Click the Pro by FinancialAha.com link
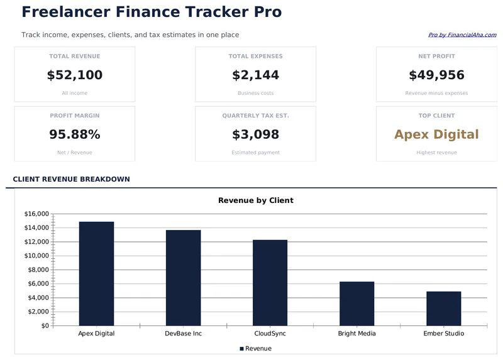[462, 35]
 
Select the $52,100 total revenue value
[74, 75]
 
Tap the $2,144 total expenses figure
[255, 75]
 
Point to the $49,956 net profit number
[436, 75]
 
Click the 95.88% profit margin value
[74, 134]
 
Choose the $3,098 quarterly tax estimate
[255, 134]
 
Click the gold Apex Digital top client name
[436, 134]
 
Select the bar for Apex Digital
[96, 273]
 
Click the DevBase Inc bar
[183, 278]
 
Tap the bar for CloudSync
[270, 283]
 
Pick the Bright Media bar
[357, 303]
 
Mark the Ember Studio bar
[443, 308]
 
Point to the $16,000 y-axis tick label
[36, 214]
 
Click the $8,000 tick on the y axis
[37, 270]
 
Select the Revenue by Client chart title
[255, 200]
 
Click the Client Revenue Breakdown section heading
[71, 179]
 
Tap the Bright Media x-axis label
[357, 334]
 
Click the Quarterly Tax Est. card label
[255, 116]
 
